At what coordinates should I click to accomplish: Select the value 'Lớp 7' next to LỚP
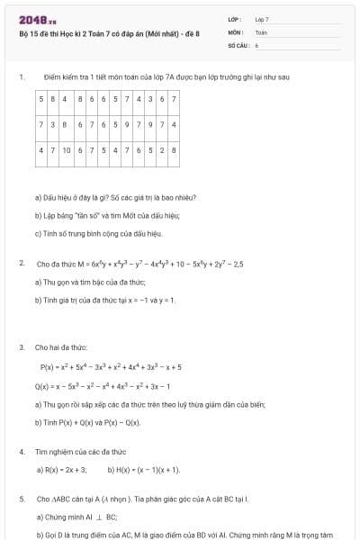262,19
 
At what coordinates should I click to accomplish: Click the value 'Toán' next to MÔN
261,31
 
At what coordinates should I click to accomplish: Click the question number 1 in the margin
20,77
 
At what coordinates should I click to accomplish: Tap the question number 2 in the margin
20,264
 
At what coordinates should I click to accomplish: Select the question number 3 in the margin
20,346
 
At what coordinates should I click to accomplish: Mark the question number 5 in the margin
20,498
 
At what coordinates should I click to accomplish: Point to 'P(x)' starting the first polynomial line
48,367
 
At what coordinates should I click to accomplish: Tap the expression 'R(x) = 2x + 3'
62,470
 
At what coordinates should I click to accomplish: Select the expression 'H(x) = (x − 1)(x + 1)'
144,470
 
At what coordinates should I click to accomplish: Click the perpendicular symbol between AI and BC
98,517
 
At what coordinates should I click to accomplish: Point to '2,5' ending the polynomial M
238,264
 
